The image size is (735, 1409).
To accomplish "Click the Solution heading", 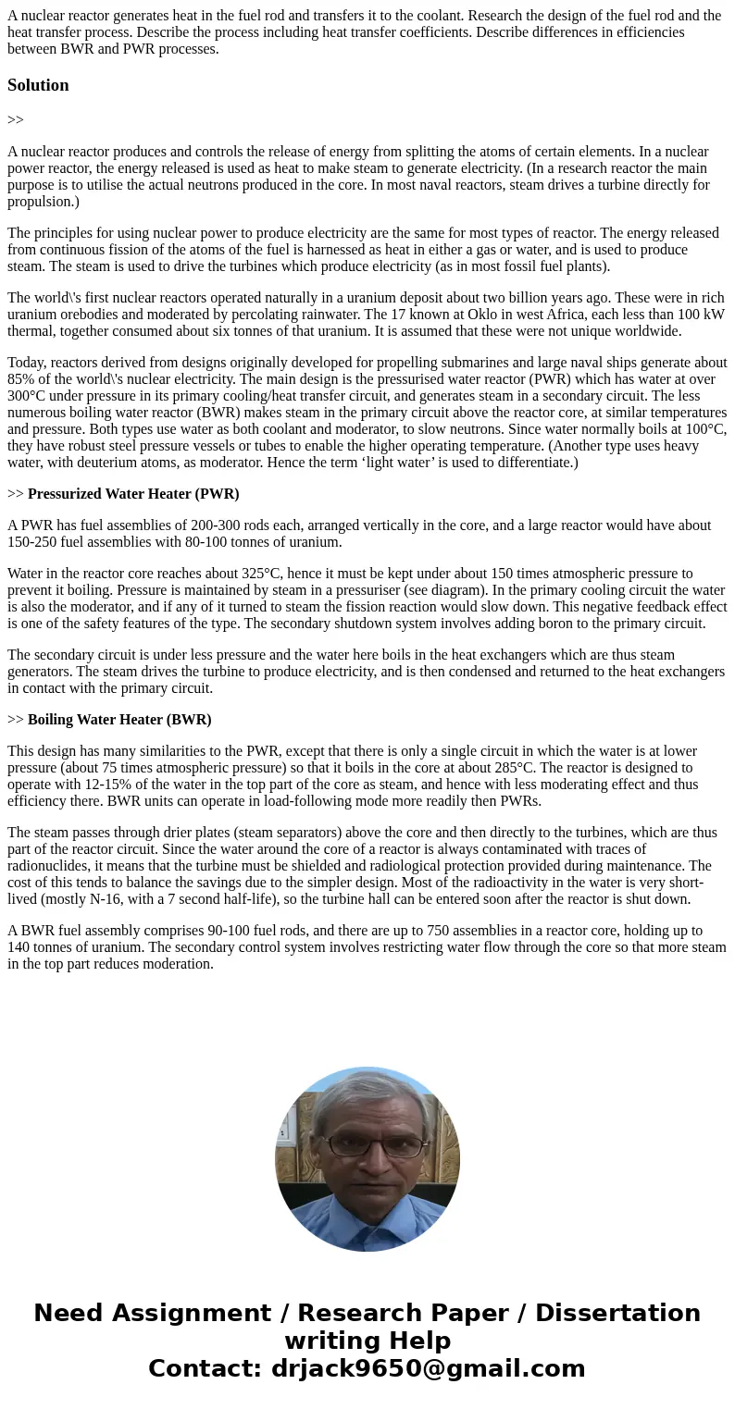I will [38, 85].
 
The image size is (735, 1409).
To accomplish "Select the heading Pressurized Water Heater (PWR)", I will [133, 494].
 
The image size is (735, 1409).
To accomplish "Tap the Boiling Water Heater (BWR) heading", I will [119, 720].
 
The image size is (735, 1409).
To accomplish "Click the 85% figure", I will [21, 379].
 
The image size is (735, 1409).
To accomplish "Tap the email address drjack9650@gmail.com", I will [428, 1368].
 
